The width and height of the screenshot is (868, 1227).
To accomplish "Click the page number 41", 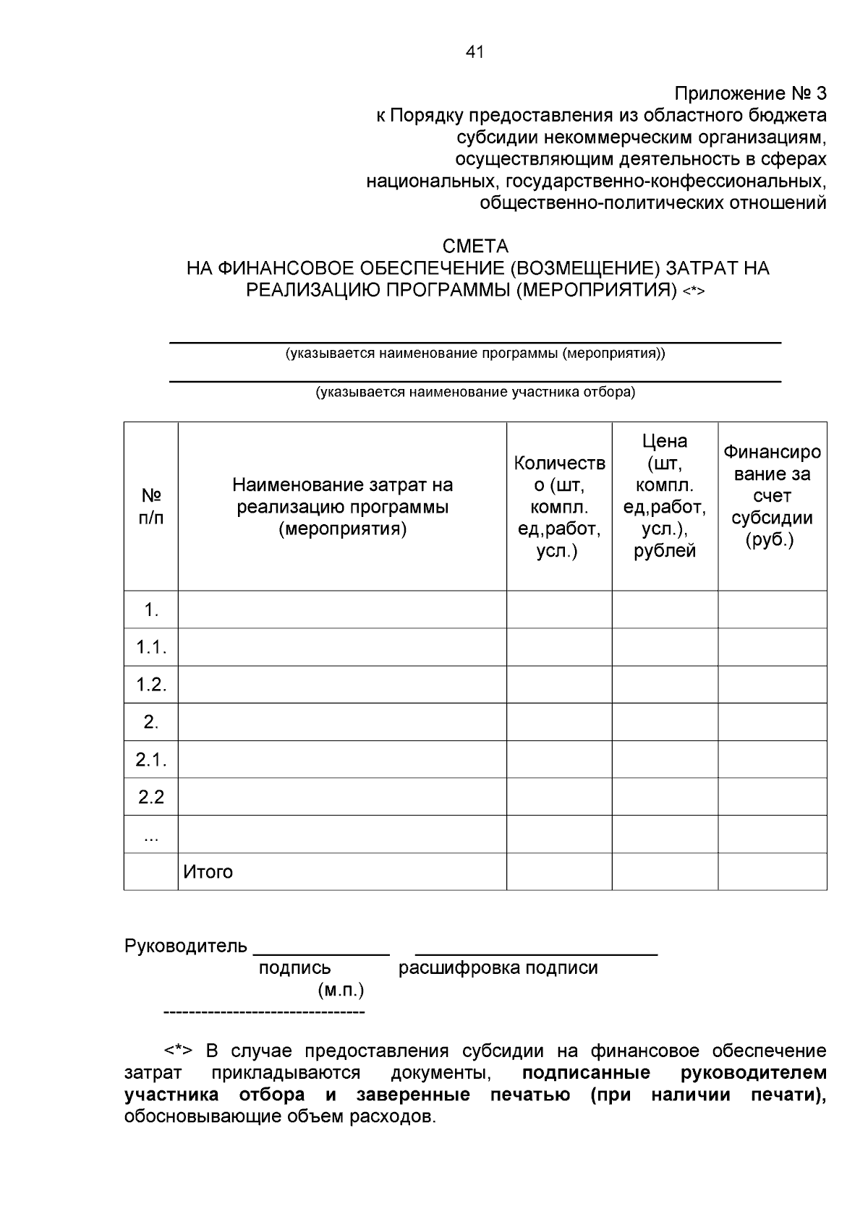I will (475, 52).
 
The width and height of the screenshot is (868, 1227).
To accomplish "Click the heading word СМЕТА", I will (475, 247).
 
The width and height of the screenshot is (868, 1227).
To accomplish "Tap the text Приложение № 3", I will (750, 94).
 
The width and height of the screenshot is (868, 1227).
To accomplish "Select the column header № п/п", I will (150, 506).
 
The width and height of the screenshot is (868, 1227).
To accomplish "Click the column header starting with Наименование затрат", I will (342, 506).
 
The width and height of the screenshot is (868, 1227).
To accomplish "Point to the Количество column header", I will (559, 506).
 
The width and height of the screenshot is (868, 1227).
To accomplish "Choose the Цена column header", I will (665, 495).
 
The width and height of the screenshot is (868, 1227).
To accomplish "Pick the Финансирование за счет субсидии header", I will (772, 496).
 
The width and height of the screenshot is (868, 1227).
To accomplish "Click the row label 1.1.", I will (151, 647).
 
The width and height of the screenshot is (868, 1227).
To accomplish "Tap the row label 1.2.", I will (151, 685).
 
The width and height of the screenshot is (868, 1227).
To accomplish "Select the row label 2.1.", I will (151, 760).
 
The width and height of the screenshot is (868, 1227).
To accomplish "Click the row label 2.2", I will (151, 798).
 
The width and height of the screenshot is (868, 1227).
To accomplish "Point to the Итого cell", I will (208, 872).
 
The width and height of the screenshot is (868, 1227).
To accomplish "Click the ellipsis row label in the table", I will (151, 837).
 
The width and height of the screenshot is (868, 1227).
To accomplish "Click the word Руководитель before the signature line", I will (186, 946).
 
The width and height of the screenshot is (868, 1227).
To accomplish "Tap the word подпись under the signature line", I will (294, 968).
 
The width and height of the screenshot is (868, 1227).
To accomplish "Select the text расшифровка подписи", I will (498, 968).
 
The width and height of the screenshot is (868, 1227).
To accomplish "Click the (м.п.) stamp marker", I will (340, 989).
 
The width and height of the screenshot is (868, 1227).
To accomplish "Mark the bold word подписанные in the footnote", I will (586, 1072).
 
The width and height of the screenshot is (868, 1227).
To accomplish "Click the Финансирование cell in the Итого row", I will (772, 872).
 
